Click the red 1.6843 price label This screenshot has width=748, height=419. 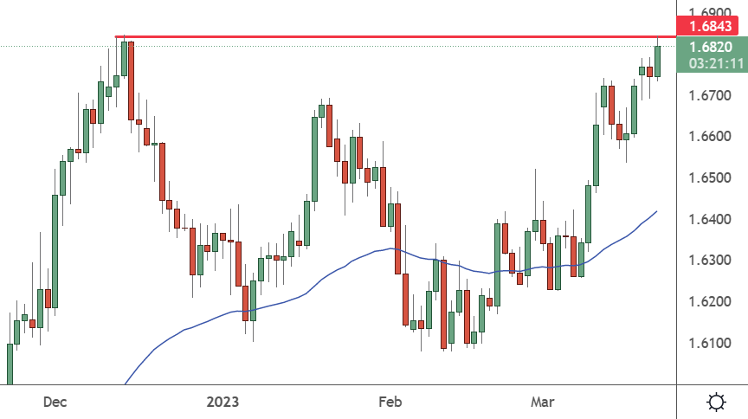click(x=712, y=26)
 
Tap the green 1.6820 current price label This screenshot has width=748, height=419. click(x=711, y=47)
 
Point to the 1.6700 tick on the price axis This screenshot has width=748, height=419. click(x=710, y=95)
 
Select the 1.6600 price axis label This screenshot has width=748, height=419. click(x=710, y=137)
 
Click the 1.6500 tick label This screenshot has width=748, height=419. click(x=710, y=178)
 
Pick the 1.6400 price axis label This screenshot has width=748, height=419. click(x=710, y=219)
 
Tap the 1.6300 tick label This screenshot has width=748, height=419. click(x=710, y=260)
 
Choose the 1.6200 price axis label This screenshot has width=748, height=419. click(x=710, y=301)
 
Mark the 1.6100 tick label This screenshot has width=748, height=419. click(x=710, y=343)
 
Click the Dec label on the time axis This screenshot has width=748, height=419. click(x=55, y=402)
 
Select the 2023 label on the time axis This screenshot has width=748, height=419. click(x=222, y=402)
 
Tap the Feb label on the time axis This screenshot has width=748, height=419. click(x=390, y=402)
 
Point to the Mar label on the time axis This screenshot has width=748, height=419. click(x=543, y=402)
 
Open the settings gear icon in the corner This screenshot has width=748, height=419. click(x=716, y=402)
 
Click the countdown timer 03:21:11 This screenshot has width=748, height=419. click(x=717, y=63)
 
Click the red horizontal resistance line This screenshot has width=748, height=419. click(x=396, y=36)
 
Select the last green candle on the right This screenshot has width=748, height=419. click(x=657, y=61)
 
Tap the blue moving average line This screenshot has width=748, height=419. click(x=391, y=248)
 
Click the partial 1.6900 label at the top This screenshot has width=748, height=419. click(x=710, y=12)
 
